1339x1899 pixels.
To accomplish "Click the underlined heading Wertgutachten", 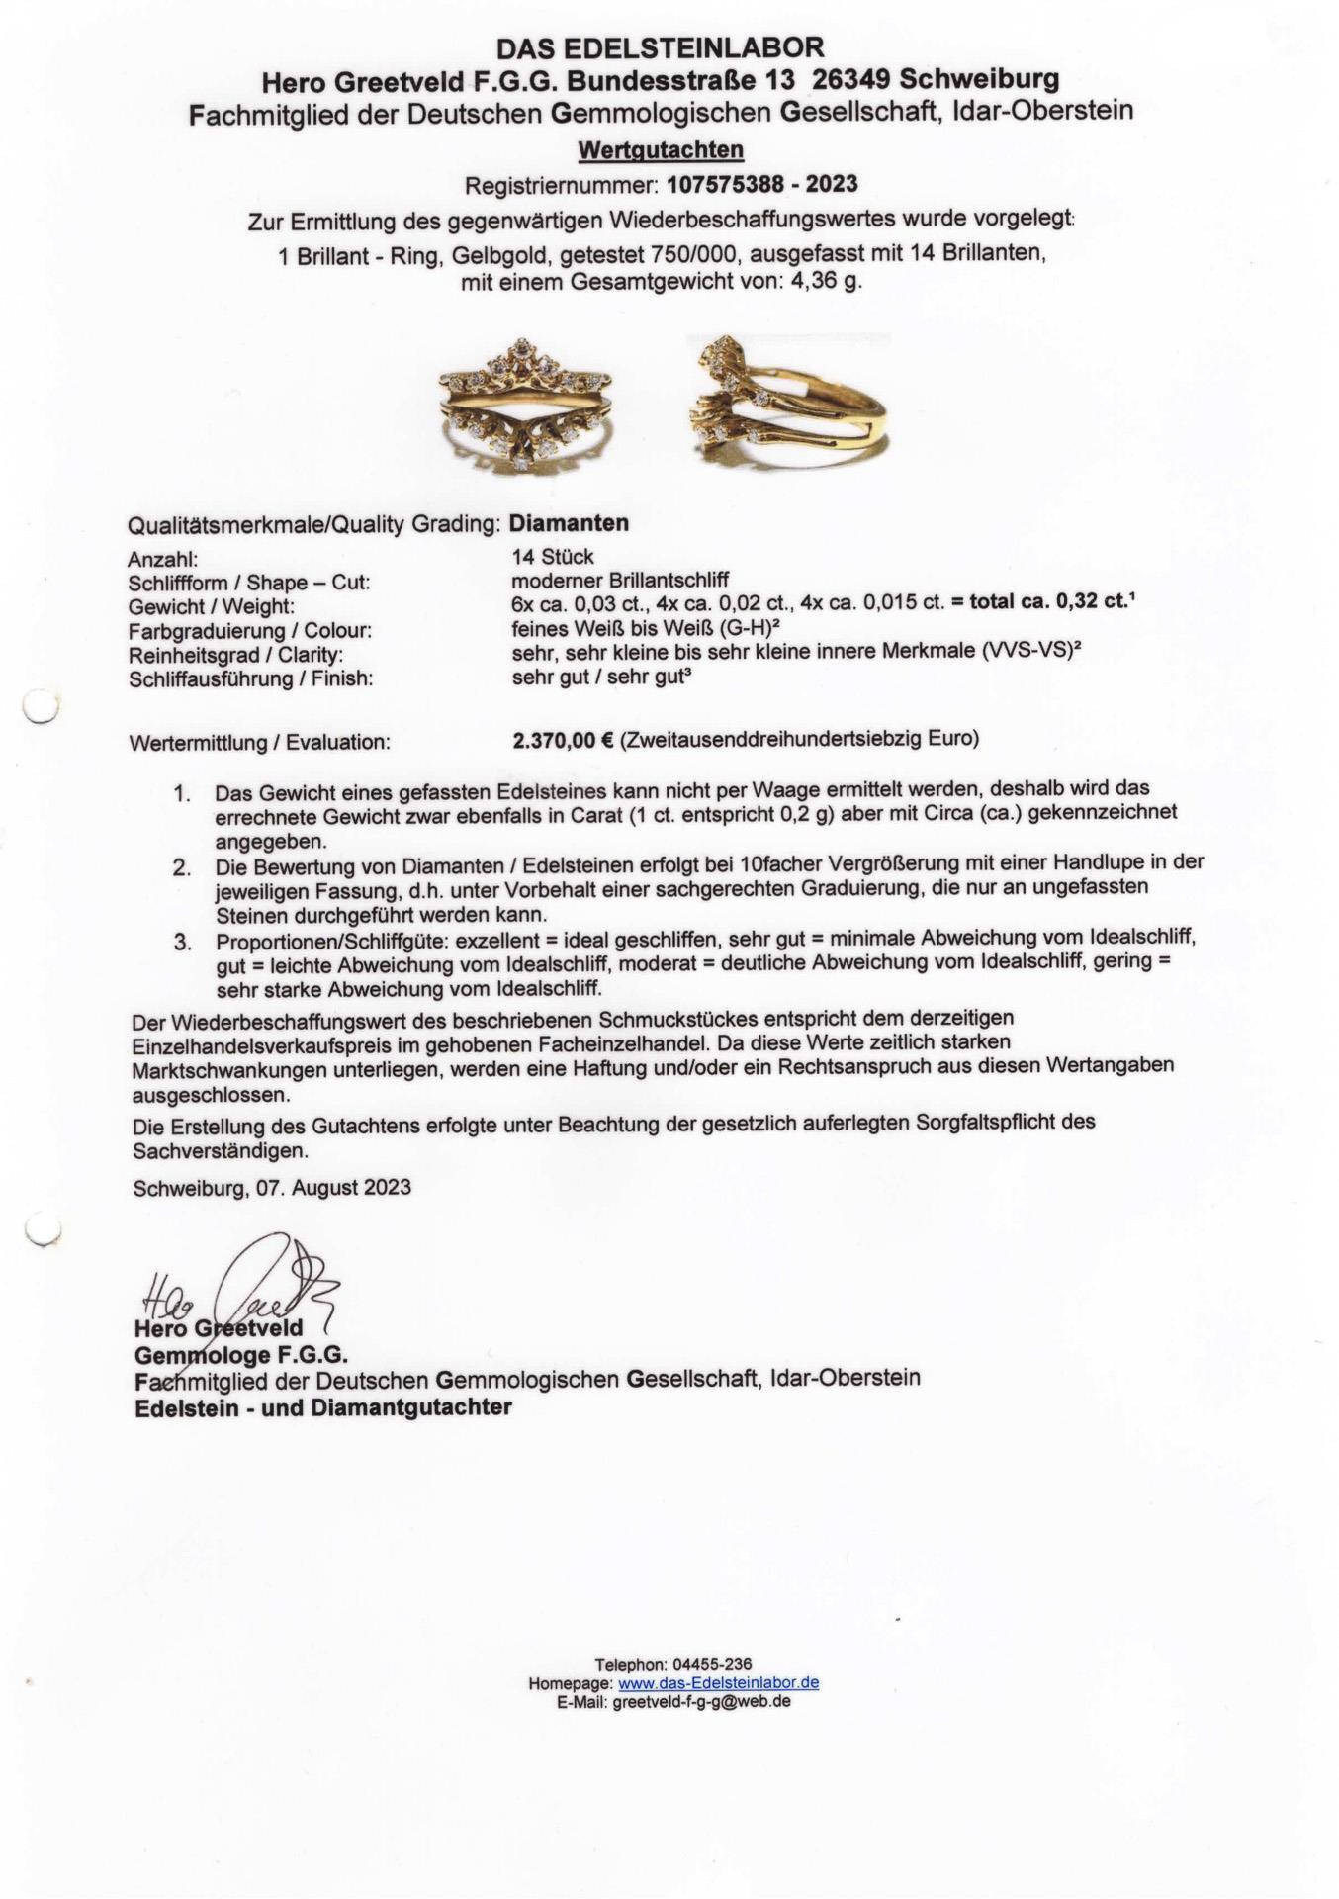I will pos(661,150).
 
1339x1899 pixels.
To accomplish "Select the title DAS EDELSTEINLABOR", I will pos(660,47).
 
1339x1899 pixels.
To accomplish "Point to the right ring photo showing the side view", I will pos(786,402).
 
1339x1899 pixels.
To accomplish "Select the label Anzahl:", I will pos(163,559).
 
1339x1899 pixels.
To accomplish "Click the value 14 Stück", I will pos(553,557).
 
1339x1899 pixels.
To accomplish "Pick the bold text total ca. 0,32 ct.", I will pos(1048,601).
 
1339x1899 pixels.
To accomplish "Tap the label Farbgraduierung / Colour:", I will pos(250,631).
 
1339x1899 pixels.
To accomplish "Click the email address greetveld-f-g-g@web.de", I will pos(701,1702).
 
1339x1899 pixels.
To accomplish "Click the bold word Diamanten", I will pos(570,523).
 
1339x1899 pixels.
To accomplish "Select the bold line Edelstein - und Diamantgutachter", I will pos(323,1407).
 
